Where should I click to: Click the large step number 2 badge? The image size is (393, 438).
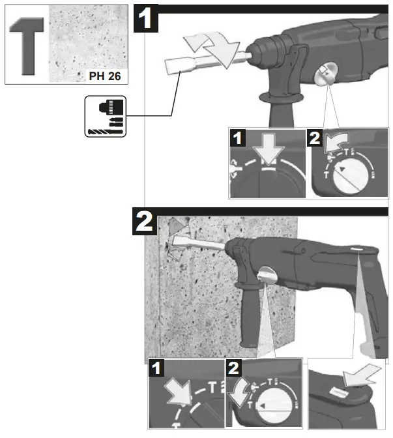pos(144,222)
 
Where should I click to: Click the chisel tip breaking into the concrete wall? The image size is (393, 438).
pos(179,248)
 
